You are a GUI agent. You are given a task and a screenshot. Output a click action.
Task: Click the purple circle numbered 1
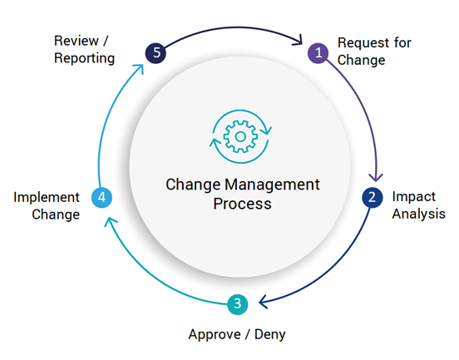(x=318, y=53)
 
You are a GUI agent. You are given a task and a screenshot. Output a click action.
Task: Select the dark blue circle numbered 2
(x=372, y=197)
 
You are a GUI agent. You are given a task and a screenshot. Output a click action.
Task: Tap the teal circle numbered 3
(x=238, y=304)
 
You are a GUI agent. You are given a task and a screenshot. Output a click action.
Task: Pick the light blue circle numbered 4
(x=101, y=197)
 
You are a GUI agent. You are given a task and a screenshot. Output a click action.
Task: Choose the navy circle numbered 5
(x=155, y=53)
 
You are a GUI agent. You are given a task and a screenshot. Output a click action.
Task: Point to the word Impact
(x=413, y=197)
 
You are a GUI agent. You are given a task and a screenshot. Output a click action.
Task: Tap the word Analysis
(x=418, y=214)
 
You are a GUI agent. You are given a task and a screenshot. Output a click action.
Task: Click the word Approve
(x=215, y=334)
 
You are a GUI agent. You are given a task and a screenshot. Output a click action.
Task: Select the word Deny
(x=270, y=334)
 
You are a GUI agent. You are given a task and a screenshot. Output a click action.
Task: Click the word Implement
(x=47, y=197)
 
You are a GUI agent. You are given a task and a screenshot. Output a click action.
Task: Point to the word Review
(x=76, y=41)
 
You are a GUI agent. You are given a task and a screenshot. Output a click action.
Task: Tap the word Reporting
(x=84, y=58)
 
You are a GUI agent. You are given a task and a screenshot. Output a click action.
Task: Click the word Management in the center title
(x=272, y=185)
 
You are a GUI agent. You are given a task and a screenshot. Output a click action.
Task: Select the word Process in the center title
(x=242, y=204)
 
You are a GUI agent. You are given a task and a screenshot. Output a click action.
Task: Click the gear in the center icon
(x=240, y=136)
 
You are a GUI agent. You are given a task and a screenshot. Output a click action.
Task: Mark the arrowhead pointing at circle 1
(x=298, y=40)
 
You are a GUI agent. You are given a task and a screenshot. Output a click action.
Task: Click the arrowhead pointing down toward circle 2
(x=376, y=177)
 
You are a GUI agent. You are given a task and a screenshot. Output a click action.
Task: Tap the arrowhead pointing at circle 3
(x=263, y=302)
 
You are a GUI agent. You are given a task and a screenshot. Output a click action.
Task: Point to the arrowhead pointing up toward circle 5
(x=139, y=69)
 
